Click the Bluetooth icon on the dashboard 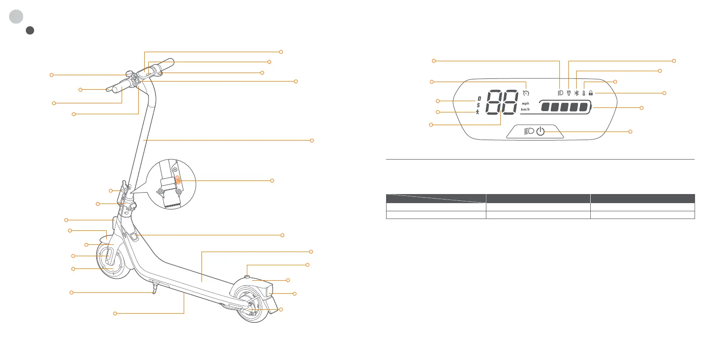(576, 93)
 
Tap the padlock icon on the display (591, 93)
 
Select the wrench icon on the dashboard (568, 93)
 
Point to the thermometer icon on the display (583, 93)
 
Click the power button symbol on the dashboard (540, 131)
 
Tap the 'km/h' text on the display (525, 109)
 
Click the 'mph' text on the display (525, 103)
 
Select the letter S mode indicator (478, 105)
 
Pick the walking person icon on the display (478, 112)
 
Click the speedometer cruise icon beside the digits (526, 93)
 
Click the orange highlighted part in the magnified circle (178, 180)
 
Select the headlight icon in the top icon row (560, 93)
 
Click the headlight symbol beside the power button (529, 131)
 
